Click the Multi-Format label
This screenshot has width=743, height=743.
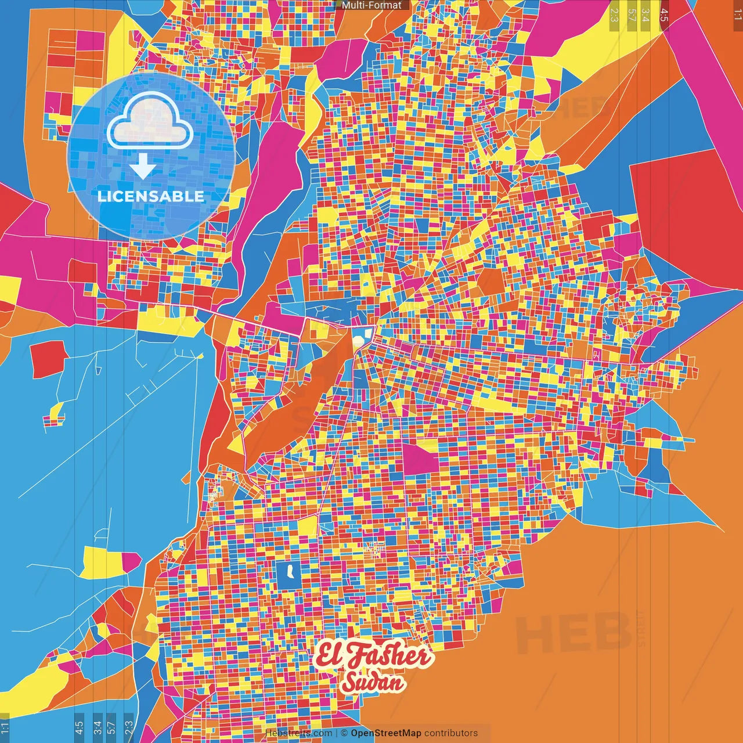[x=371, y=5]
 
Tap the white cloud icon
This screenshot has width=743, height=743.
[x=150, y=122]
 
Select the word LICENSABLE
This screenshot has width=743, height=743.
[x=150, y=196]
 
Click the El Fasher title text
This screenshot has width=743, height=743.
[x=373, y=656]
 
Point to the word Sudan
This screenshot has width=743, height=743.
[x=372, y=683]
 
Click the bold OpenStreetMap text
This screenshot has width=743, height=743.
[x=385, y=733]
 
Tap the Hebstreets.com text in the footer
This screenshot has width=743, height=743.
[x=298, y=733]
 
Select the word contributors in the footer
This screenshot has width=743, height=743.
[x=451, y=733]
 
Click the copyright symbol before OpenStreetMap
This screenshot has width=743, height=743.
[x=344, y=733]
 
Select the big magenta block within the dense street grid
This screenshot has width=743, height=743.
[x=420, y=459]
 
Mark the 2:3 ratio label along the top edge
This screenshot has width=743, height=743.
[x=614, y=15]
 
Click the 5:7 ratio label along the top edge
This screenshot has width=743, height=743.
[x=632, y=15]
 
